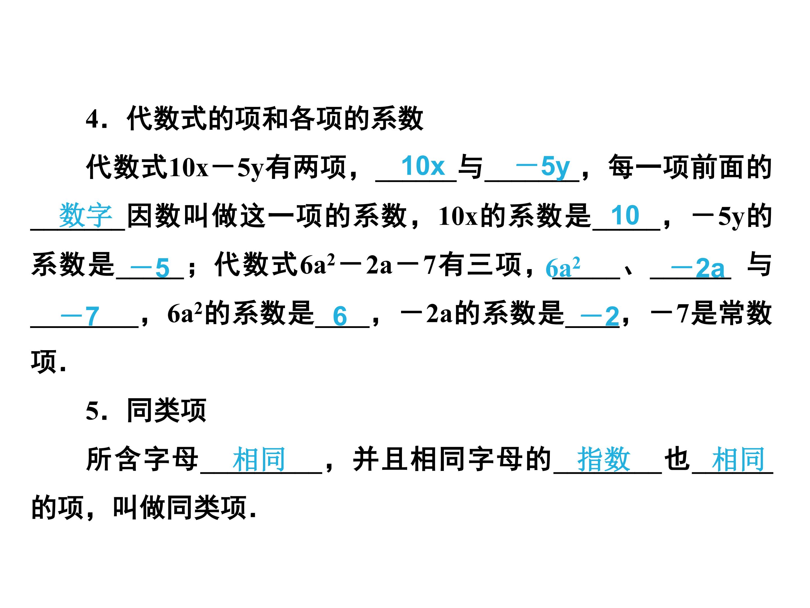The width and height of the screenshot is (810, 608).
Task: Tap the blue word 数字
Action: point(86,216)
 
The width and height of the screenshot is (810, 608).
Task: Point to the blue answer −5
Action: point(150,267)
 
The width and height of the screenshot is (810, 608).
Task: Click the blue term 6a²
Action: point(563,267)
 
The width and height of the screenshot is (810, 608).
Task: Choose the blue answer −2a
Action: point(697,267)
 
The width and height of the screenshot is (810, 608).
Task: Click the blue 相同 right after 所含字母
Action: point(259,460)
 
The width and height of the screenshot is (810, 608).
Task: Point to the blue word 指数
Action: point(604,460)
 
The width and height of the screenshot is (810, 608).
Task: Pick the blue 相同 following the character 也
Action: point(738,460)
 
